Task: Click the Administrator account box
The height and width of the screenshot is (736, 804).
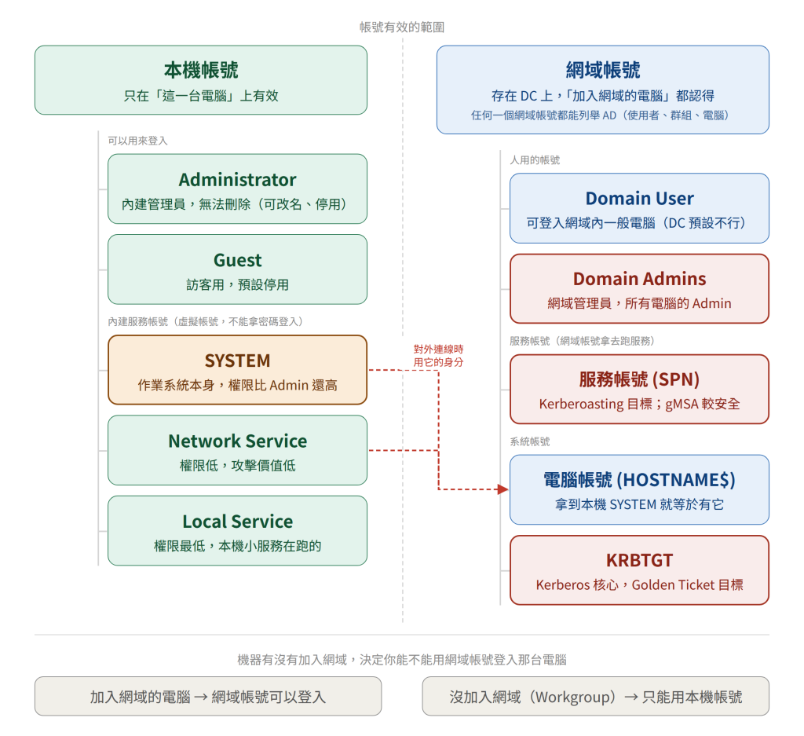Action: point(237,189)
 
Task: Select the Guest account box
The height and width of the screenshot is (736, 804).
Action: point(237,269)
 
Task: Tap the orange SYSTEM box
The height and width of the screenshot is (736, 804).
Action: point(237,370)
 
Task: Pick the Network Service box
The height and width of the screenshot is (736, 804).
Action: point(237,450)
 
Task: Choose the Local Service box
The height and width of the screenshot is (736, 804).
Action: point(237,531)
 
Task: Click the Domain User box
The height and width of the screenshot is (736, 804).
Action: point(639,208)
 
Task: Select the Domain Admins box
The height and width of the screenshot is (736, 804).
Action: point(639,289)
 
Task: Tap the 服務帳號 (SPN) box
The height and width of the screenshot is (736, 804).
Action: point(639,390)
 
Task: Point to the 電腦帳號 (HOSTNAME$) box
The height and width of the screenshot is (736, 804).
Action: point(639,490)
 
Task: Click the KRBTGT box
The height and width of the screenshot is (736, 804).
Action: point(639,570)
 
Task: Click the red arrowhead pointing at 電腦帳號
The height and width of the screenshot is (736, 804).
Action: point(503,489)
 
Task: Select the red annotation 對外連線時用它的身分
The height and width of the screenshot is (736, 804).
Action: point(438,356)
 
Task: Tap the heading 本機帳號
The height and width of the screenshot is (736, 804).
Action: point(201,70)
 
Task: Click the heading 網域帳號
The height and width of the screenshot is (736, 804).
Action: point(603,70)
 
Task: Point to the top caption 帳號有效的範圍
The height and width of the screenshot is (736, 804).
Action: point(402,27)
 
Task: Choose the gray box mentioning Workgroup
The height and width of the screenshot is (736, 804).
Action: point(596,696)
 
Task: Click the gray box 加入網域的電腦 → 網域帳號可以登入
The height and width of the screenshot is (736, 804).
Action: point(208,696)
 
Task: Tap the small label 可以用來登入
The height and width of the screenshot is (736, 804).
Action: point(137,141)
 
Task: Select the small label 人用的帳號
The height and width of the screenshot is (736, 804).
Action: point(535,160)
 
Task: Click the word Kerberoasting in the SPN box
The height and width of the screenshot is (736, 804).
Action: point(582,405)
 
